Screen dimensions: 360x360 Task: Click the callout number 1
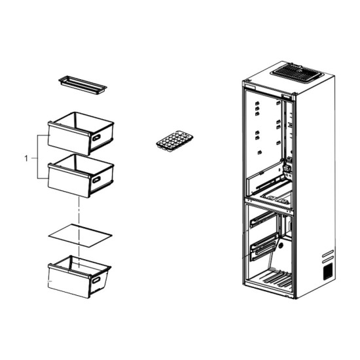[26, 158]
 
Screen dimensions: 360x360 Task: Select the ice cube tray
[175, 141]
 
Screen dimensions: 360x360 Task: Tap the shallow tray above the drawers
[83, 85]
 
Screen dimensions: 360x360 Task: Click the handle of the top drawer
[96, 137]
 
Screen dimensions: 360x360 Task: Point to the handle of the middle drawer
[96, 180]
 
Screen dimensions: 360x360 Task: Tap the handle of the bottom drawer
[96, 280]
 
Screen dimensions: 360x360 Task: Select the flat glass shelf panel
[80, 236]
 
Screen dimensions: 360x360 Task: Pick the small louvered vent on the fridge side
[328, 272]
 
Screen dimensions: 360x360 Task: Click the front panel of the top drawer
[69, 139]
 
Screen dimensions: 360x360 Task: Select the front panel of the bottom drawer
[69, 281]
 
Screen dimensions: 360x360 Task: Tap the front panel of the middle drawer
[69, 181]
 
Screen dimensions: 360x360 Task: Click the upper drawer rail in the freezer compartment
[263, 219]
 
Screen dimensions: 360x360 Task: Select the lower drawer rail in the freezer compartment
[264, 249]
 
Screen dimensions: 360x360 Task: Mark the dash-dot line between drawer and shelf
[79, 232]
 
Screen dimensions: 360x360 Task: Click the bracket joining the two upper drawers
[37, 156]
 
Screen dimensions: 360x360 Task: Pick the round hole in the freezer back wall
[281, 246]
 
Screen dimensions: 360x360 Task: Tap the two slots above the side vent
[328, 257]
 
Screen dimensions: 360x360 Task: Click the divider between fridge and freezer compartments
[269, 205]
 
